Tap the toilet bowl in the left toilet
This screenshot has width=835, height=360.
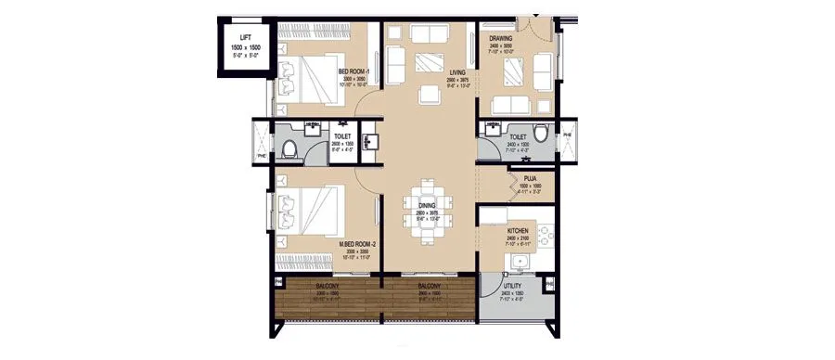pos(289,148)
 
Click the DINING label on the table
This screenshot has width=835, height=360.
pos(427,207)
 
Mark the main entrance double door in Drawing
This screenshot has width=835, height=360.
pos(534,20)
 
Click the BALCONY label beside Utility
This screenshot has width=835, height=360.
pos(428,287)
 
